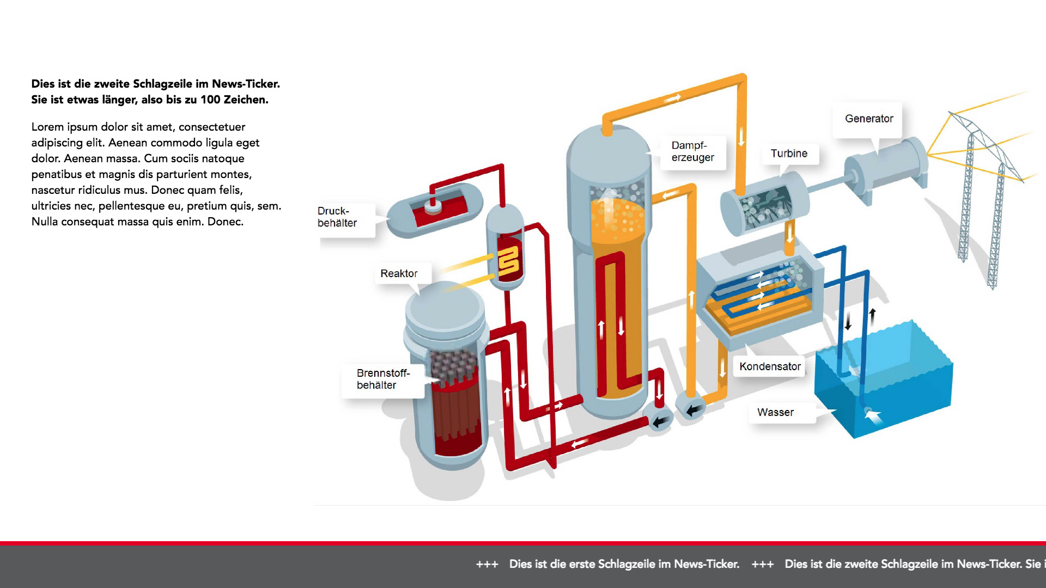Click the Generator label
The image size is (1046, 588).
tap(868, 119)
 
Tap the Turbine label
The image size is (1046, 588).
tap(788, 154)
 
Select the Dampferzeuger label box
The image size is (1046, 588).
tap(692, 151)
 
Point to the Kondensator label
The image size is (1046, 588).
tap(769, 366)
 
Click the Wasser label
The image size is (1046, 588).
tap(775, 412)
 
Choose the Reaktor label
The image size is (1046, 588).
tap(399, 273)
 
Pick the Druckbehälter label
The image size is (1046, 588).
tap(338, 217)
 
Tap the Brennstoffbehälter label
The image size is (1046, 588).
tap(382, 379)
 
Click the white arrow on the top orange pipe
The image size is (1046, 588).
tap(673, 99)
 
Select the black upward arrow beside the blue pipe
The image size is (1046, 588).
tap(872, 316)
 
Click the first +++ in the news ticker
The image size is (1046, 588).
tap(487, 565)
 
